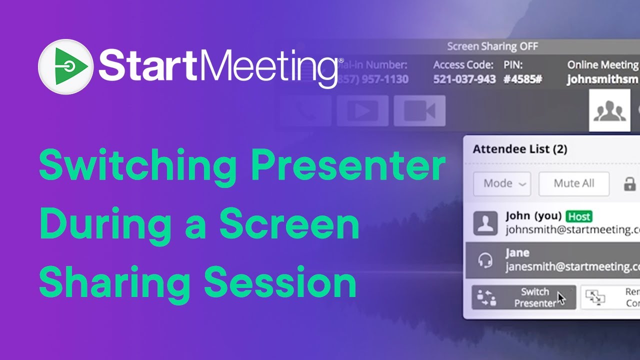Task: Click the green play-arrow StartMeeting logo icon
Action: (65, 67)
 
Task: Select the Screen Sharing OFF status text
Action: (492, 46)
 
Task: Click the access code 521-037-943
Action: (464, 79)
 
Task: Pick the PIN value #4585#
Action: (522, 79)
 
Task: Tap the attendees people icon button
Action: (609, 110)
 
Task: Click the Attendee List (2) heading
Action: (520, 149)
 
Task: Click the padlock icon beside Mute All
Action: (629, 183)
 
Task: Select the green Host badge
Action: (579, 216)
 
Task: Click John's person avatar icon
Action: (485, 223)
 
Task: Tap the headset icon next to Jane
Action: (485, 260)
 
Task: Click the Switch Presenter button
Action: (523, 297)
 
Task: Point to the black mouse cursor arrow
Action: (561, 298)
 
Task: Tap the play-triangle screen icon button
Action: (362, 110)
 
